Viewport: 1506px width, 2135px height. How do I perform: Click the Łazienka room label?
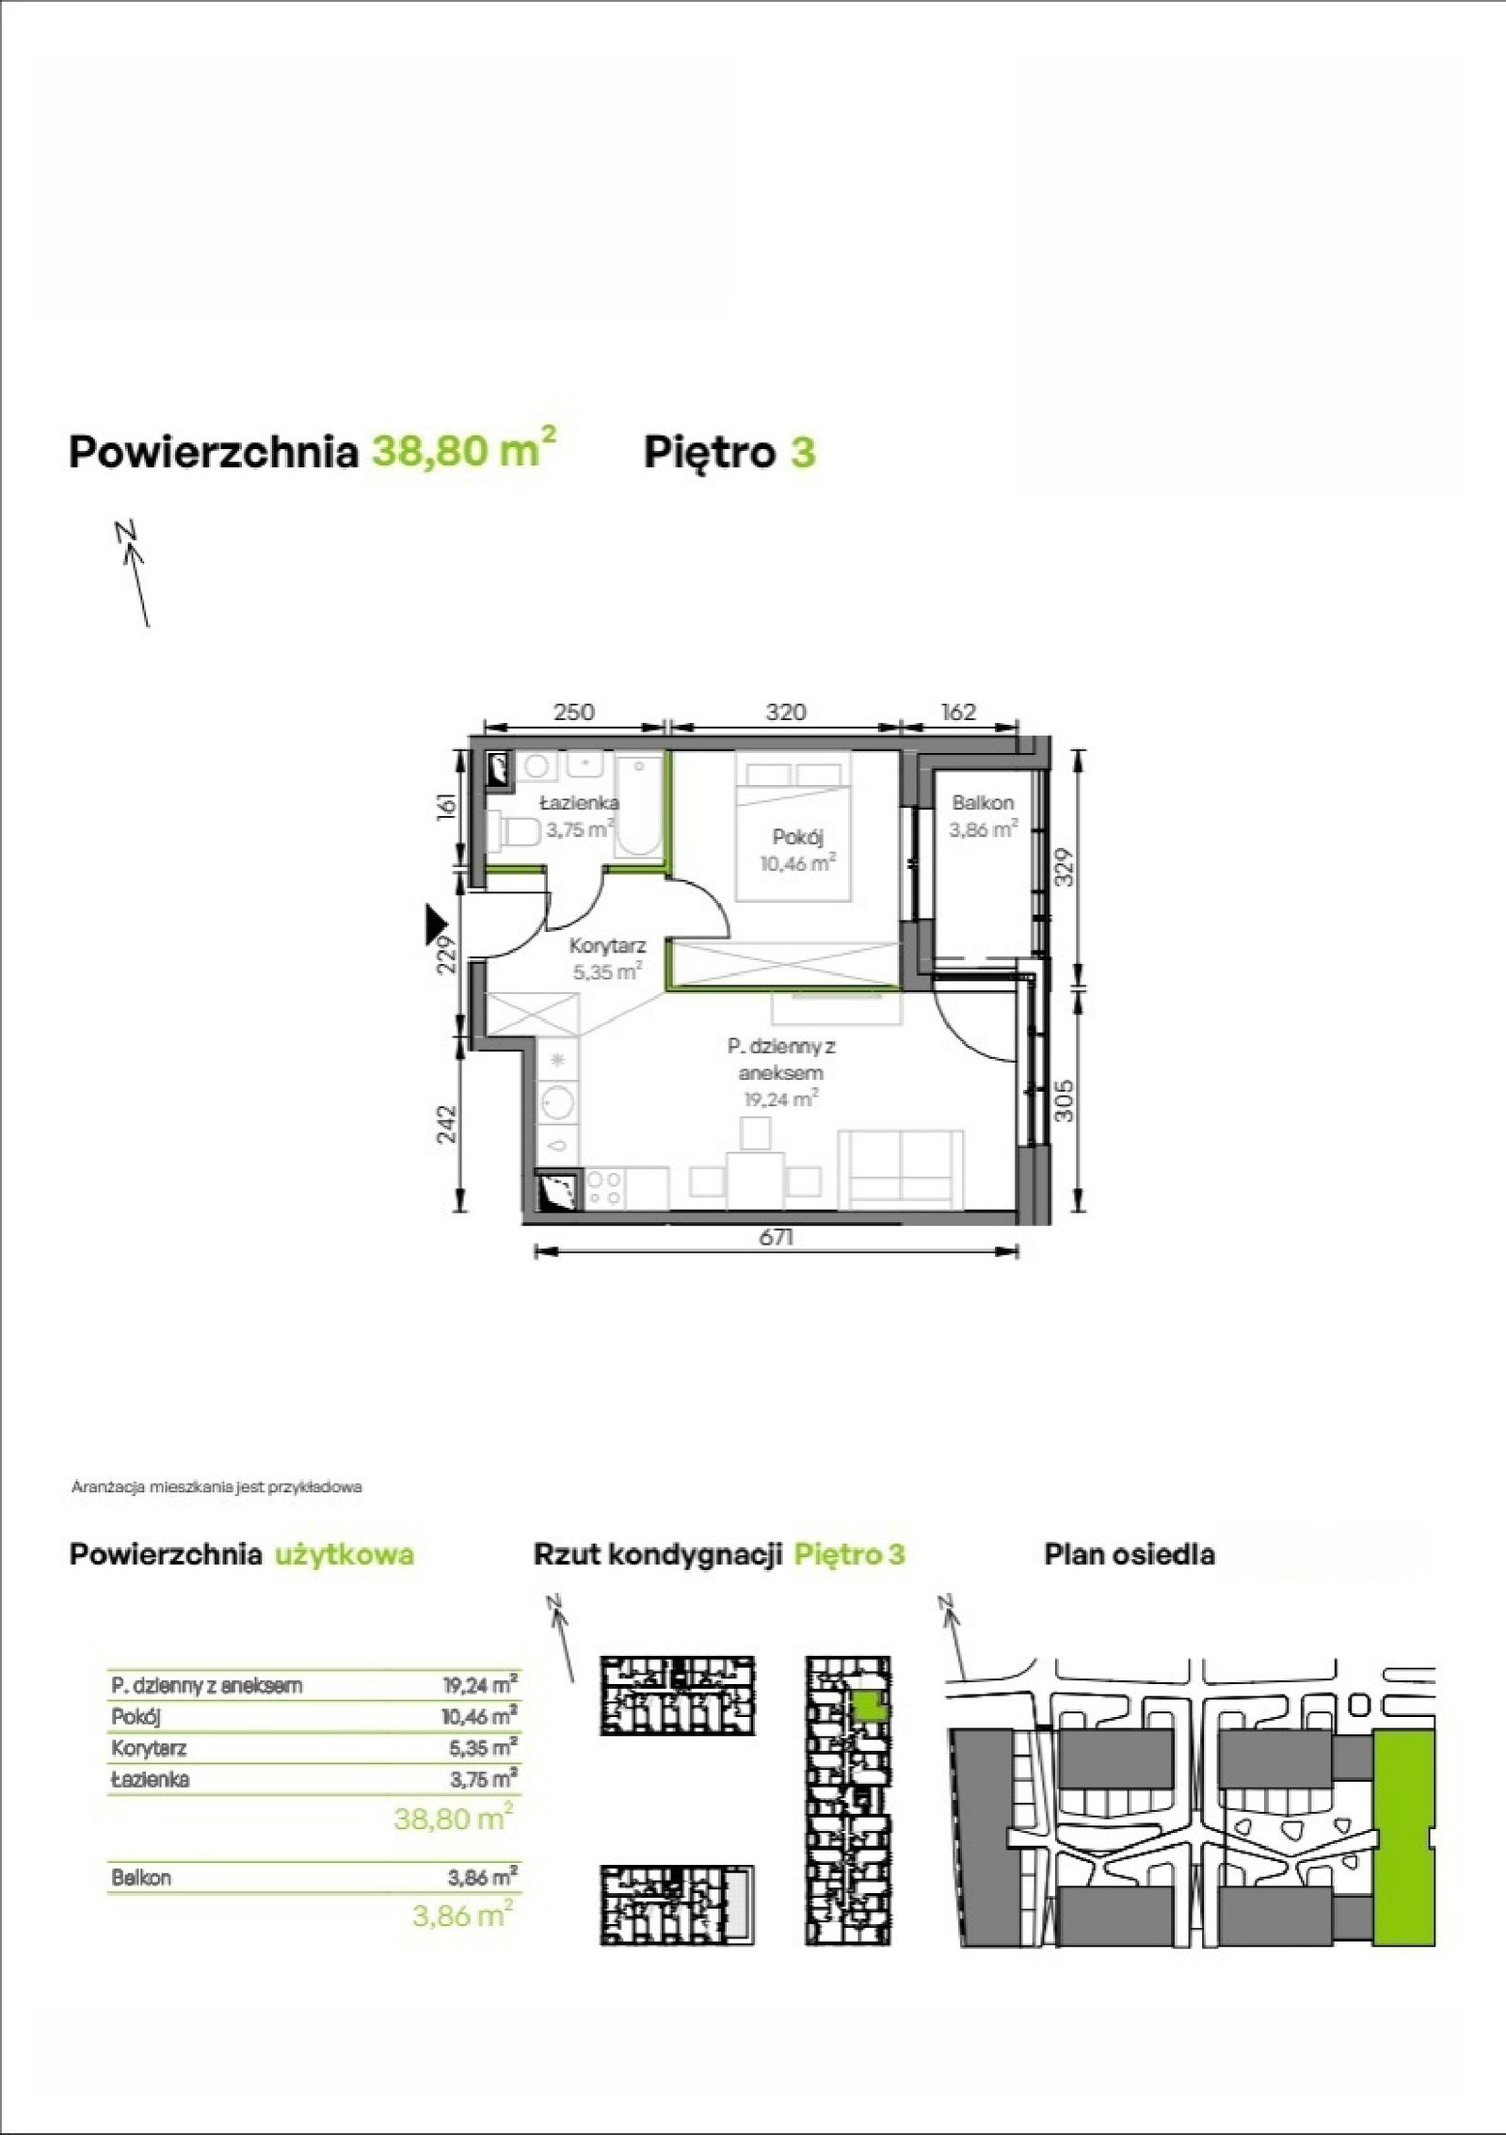(x=579, y=804)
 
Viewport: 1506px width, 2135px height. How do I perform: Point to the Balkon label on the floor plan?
(x=983, y=804)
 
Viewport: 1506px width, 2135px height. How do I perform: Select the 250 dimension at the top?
(x=573, y=713)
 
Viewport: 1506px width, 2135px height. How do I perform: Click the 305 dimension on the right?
(x=1065, y=1100)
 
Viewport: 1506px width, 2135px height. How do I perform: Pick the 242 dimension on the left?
(x=447, y=1124)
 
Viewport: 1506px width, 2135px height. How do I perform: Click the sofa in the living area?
(x=901, y=1166)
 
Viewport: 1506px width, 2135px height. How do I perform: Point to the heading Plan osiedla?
(x=1129, y=1554)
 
